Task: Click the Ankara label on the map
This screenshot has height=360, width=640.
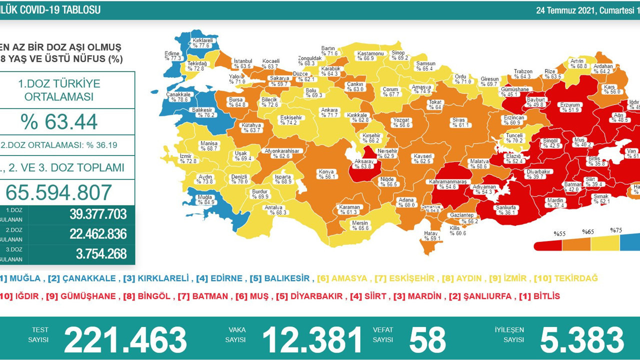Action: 329,112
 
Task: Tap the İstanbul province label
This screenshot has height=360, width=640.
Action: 242,63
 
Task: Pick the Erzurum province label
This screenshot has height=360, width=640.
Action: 568,107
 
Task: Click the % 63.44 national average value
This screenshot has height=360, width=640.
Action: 59,122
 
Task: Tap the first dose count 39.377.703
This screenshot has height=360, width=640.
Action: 98,214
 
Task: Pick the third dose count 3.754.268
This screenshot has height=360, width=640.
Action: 101,254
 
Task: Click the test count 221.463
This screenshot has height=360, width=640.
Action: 125,340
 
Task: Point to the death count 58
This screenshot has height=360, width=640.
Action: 427,340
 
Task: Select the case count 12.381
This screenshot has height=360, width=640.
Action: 312,340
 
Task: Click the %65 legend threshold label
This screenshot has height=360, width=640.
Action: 588,232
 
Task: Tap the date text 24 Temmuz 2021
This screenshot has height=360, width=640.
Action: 564,10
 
